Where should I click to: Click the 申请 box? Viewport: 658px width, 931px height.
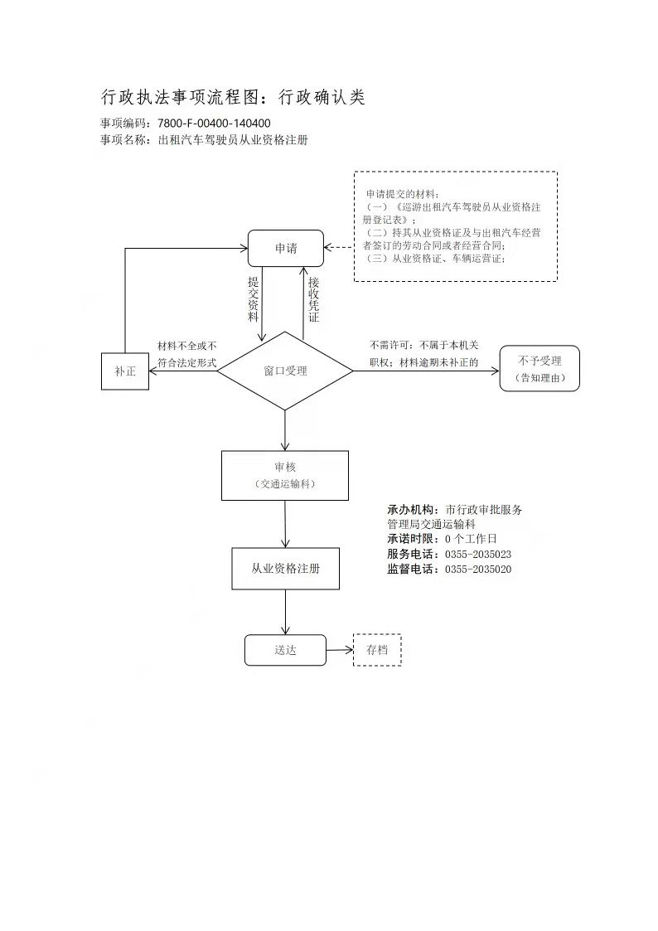[286, 248]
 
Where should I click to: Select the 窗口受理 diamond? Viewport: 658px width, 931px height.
[285, 371]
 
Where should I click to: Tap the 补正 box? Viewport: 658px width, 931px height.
[125, 371]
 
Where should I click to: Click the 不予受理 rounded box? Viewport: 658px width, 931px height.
[539, 369]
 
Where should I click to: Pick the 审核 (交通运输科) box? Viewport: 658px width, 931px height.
[284, 475]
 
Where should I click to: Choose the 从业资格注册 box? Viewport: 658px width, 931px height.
[285, 569]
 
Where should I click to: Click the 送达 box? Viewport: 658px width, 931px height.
[285, 650]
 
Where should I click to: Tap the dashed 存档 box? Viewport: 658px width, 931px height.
[377, 650]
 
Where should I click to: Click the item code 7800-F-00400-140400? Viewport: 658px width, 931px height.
[214, 124]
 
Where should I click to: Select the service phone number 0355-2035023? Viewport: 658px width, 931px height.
[478, 554]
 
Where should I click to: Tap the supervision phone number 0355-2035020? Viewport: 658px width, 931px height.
[478, 570]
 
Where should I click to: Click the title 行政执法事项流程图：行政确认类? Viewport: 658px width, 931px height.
[233, 97]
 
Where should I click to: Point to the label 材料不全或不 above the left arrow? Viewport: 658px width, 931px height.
[187, 346]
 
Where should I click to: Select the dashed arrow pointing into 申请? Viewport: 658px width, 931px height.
[339, 247]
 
